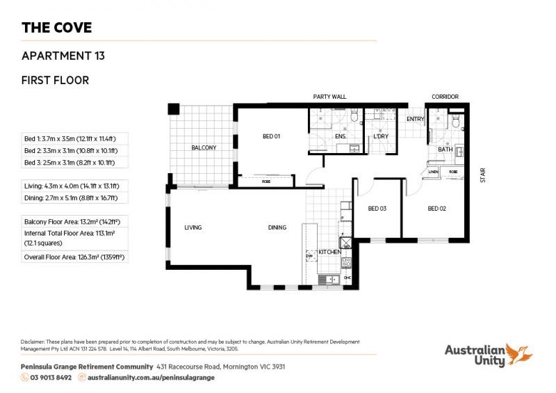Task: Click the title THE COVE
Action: (x=56, y=28)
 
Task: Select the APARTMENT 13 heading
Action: (x=63, y=55)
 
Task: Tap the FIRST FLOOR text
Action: (x=56, y=80)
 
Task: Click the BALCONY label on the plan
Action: (x=204, y=147)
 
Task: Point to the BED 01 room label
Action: (x=270, y=136)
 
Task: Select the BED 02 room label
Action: (x=436, y=209)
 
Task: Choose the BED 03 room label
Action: (x=377, y=209)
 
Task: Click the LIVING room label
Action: (x=193, y=227)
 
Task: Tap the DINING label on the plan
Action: (x=278, y=227)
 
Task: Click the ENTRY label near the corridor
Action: (x=415, y=119)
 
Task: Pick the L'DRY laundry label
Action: (x=380, y=136)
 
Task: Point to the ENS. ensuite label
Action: (x=340, y=136)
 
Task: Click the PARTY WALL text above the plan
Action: (x=329, y=97)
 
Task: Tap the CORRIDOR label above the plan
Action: (x=445, y=97)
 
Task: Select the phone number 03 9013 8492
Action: (x=50, y=377)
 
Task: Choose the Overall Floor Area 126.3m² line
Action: (x=77, y=257)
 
